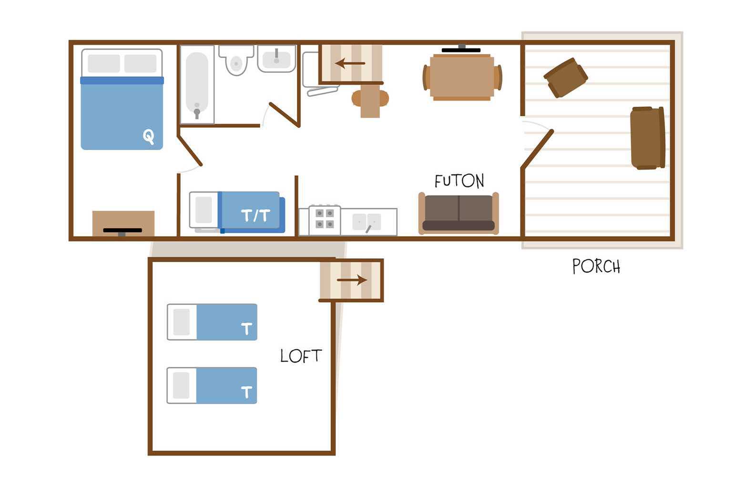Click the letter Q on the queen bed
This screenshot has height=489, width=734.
pos(148,136)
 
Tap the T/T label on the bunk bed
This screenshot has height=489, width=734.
pos(255,215)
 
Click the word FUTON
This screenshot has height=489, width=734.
pos(459,181)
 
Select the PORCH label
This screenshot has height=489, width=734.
pos(596,266)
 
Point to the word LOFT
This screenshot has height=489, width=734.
pos(301,356)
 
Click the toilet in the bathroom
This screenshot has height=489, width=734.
pos(236,60)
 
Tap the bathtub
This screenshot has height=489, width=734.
pos(197,84)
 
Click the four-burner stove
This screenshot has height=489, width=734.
pos(325,220)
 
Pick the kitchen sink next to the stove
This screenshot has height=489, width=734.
pos(367,222)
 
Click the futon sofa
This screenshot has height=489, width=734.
pos(459,214)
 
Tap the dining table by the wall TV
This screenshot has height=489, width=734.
pos(462,77)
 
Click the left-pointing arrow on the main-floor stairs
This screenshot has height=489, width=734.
pos(350,63)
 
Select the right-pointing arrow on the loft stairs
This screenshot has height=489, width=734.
pos(352,280)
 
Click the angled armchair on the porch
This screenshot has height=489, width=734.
pos(566,78)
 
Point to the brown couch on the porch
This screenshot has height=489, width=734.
pos(648,138)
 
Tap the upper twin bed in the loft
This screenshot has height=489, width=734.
pos(212,322)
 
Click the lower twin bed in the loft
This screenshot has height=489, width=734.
pos(212,386)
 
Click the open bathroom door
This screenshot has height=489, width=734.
pos(285,115)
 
